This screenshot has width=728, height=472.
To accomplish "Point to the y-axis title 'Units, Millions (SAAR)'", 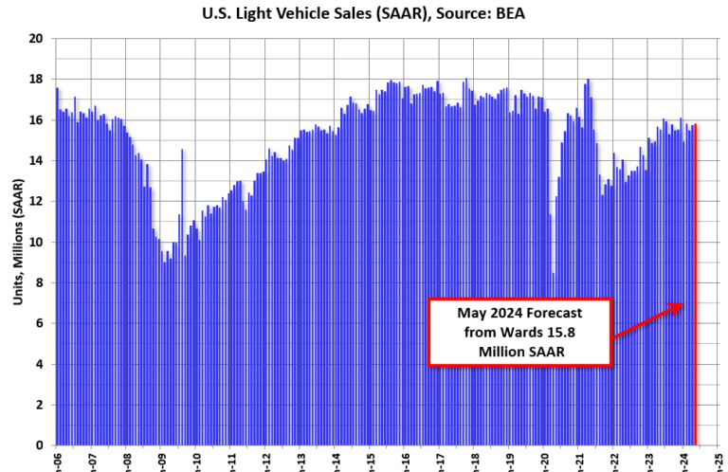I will click(x=18, y=242).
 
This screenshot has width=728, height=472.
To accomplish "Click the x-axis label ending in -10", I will click(x=196, y=463).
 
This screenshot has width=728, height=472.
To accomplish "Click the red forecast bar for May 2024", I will click(x=696, y=284).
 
